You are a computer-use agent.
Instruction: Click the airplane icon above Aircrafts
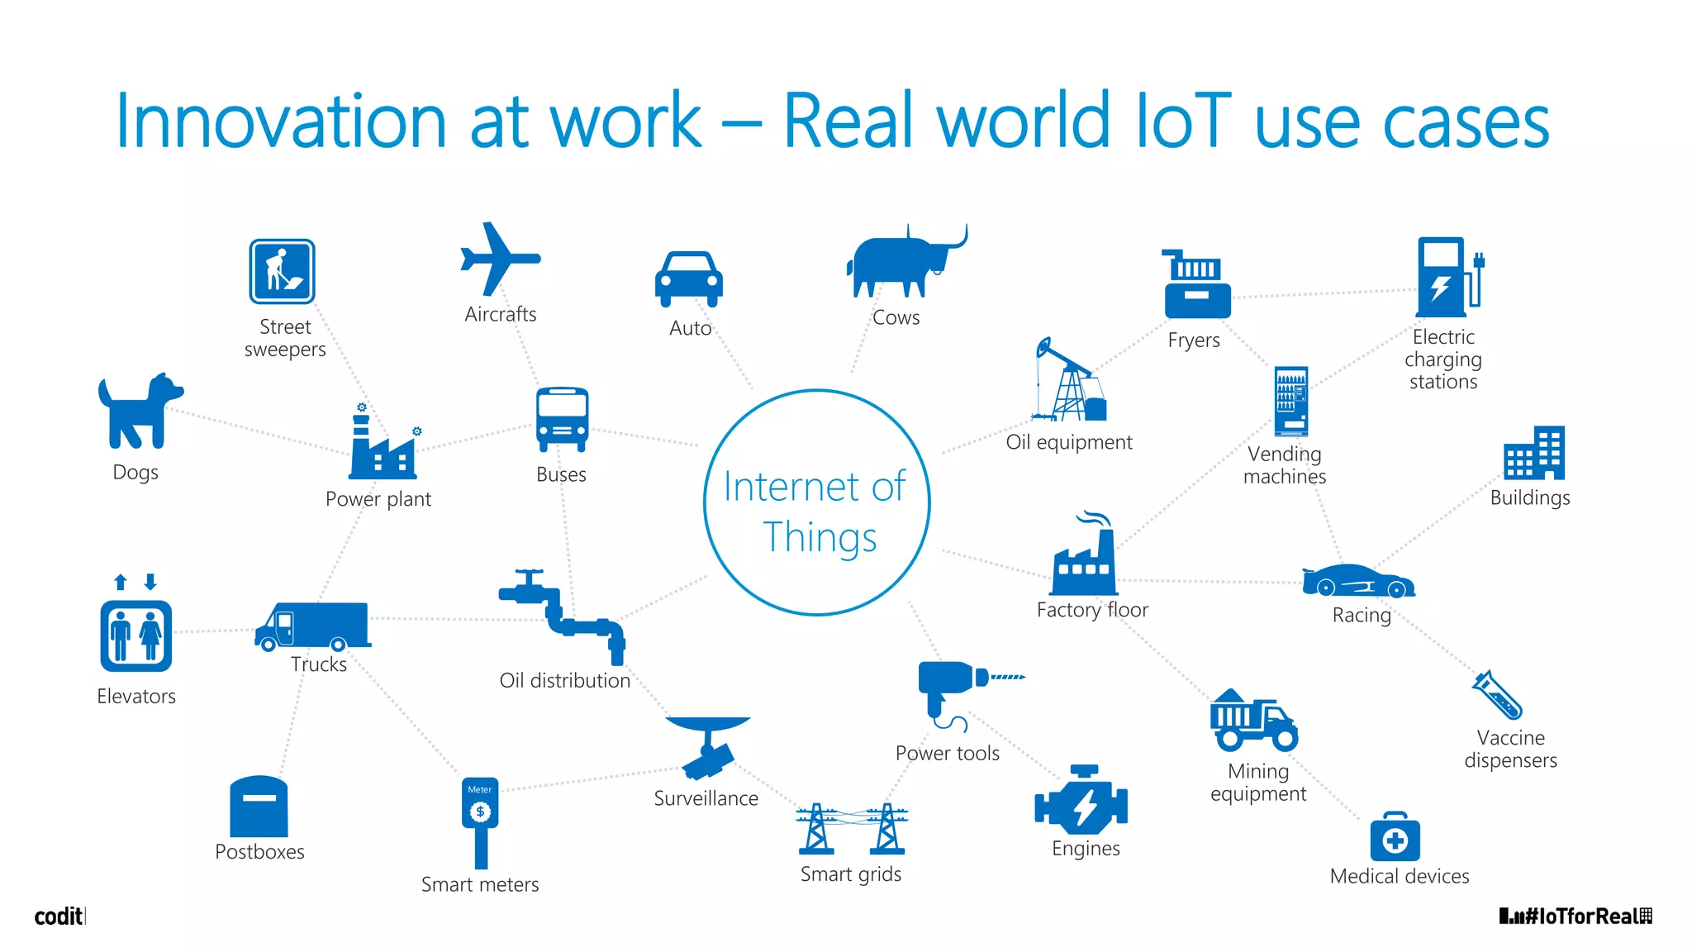499,259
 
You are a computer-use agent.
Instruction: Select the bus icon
562,419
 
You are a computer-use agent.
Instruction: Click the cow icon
904,260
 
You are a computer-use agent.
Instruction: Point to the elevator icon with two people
136,635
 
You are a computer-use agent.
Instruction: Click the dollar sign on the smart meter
480,812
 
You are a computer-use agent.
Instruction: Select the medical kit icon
1395,838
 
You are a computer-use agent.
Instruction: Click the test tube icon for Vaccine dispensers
1497,695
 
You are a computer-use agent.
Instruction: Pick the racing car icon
1357,581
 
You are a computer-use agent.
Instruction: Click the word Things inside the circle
820,537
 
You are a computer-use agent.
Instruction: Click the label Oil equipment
1068,442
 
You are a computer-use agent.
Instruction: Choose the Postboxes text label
259,852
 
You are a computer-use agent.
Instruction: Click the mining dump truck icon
1252,721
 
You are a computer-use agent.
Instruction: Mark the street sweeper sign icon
283,272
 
